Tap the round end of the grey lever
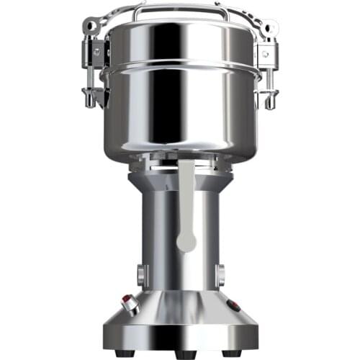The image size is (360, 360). coord(186,240)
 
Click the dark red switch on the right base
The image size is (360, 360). coord(233,306)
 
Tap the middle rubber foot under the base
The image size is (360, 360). coord(180,355)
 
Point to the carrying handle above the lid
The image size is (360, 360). coord(180,9)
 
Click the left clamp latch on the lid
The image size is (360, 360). coord(94,58)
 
